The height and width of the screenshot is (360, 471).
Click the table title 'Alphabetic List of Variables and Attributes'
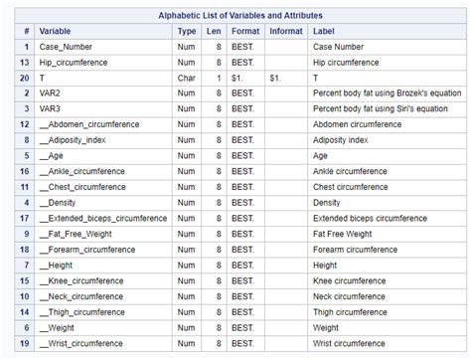pos(235,15)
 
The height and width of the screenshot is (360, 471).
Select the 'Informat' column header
pos(286,31)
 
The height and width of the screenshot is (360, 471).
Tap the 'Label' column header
pos(324,31)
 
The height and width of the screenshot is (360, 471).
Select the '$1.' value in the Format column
pos(242,78)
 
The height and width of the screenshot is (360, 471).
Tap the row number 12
pos(23,124)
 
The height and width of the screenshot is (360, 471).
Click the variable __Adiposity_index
pos(78,139)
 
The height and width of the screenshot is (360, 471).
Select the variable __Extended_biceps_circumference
pos(102,218)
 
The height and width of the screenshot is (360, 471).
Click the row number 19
pos(23,343)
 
